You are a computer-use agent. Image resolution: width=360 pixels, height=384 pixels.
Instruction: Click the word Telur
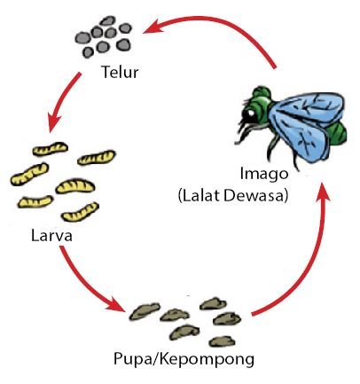120,72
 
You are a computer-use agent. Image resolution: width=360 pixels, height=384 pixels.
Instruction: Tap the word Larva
51,236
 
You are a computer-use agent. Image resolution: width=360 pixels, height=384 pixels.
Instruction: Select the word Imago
264,174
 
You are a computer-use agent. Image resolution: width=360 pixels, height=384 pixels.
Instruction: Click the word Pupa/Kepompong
184,359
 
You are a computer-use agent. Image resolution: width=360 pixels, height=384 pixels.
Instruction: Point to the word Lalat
201,195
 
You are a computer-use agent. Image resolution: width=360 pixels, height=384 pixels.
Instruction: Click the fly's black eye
250,114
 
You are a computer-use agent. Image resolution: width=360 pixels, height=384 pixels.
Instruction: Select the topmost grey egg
108,20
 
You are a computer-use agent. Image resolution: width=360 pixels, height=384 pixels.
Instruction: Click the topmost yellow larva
51,149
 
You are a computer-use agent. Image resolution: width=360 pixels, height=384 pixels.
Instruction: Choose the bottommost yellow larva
80,213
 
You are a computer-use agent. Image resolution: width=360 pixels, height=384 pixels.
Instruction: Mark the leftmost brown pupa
145,311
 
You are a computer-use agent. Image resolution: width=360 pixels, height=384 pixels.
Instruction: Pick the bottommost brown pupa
223,341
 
